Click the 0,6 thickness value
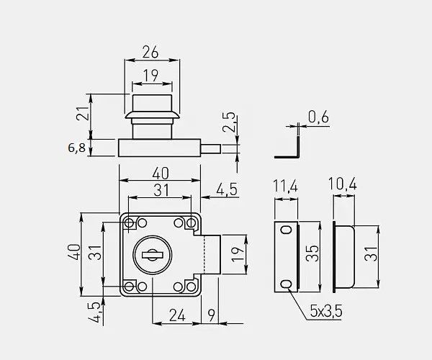tap(318, 116)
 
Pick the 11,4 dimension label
tap(285, 186)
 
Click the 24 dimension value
tap(178, 315)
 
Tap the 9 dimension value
tap(210, 315)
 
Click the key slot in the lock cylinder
tap(152, 254)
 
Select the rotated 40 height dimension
tap(72, 253)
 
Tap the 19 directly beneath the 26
tap(150, 75)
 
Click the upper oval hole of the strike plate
tap(287, 230)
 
